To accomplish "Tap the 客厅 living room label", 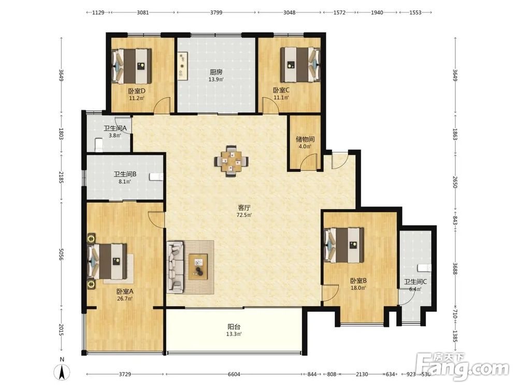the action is [244, 208].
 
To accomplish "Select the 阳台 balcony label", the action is [234, 327].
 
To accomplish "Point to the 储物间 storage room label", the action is [305, 139].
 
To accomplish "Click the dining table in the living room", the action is [232, 161].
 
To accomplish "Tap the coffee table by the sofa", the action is [198, 266].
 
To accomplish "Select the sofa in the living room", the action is [175, 267].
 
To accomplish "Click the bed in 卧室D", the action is [132, 66].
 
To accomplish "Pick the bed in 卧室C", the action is [300, 65].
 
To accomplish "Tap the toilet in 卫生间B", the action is [156, 177].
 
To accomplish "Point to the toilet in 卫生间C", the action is [424, 267].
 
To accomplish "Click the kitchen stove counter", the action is [183, 66].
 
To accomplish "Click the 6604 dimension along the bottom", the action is [234, 374].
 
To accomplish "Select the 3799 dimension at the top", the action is [216, 12].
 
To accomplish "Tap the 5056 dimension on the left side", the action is [61, 254].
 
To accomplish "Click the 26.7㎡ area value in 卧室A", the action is [125, 299].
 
